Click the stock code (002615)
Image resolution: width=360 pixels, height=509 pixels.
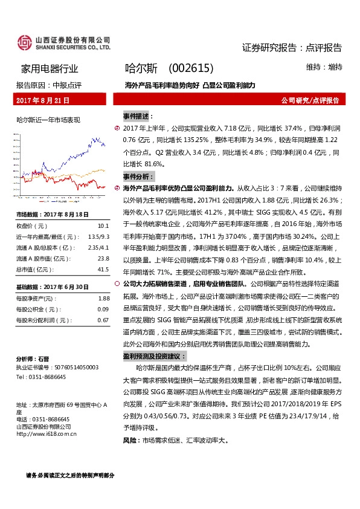tap(190, 69)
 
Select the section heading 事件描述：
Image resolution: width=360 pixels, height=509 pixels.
tap(138, 115)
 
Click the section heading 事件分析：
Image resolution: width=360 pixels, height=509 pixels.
tap(138, 177)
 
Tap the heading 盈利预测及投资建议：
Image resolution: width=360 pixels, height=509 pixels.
tap(155, 357)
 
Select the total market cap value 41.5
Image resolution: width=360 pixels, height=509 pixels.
tap(103, 269)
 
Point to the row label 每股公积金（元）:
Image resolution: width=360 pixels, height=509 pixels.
tap(39, 309)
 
